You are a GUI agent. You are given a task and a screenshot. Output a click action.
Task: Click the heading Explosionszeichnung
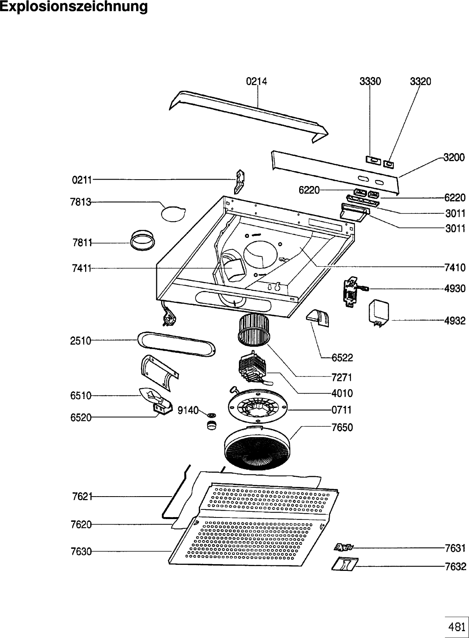(74, 7)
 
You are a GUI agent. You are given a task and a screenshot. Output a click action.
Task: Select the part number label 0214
(257, 82)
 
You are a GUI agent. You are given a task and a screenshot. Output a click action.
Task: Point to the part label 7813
(81, 202)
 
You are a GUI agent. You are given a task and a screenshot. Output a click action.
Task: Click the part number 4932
(455, 321)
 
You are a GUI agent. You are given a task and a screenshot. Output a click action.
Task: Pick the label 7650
(342, 427)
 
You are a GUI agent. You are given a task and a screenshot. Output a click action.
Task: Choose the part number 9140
(188, 410)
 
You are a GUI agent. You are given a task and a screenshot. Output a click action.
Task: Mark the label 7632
(456, 566)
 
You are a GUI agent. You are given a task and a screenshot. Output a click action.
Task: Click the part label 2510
(81, 341)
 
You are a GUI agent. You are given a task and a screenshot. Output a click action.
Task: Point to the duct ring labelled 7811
(143, 241)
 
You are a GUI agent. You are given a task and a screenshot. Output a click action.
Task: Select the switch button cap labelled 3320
(388, 164)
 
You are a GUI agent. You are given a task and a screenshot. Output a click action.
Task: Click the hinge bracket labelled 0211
(240, 182)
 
